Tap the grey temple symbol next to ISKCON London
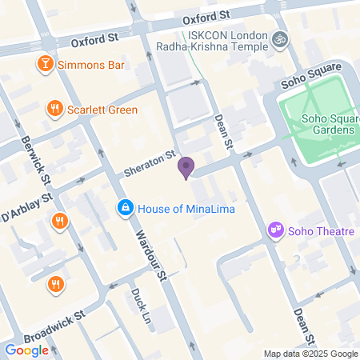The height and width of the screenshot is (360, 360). [279, 38]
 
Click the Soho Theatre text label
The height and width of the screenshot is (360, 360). [321, 232]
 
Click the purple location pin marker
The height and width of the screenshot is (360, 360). [186, 168]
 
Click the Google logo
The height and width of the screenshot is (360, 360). [26, 350]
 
